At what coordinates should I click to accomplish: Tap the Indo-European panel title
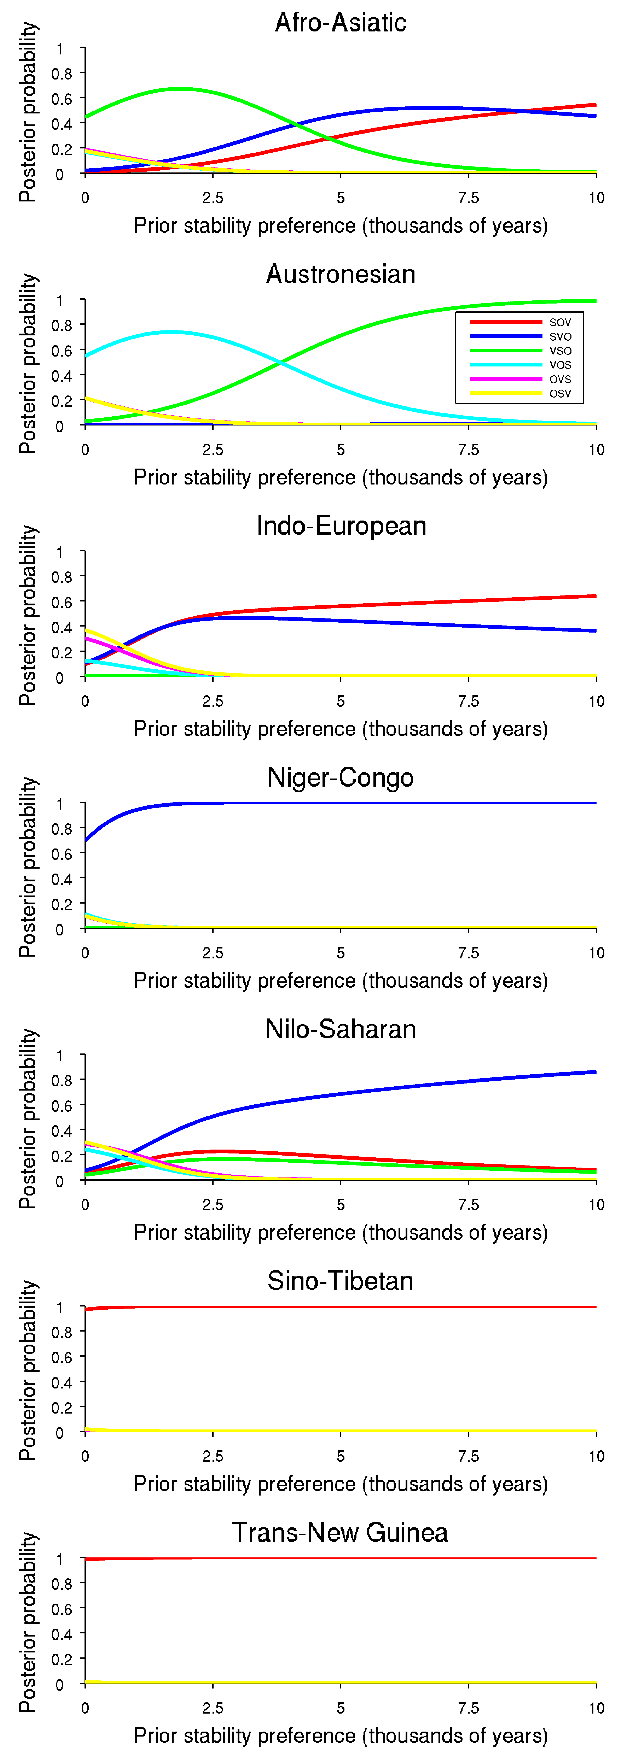coord(341,526)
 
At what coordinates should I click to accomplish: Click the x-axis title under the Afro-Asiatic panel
coord(341,225)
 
